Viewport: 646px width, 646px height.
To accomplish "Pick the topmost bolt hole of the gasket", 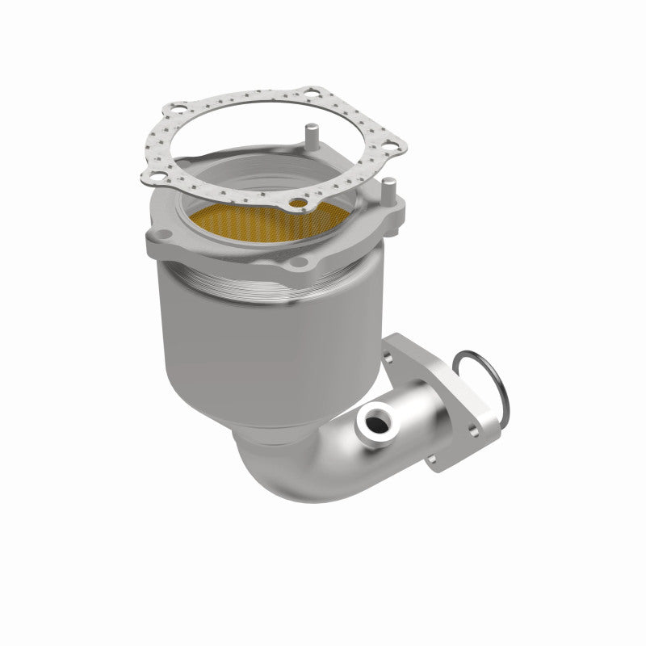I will click(310, 95).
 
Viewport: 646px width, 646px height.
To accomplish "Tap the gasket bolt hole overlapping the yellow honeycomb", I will click(300, 204).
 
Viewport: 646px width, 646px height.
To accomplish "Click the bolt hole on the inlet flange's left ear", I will click(158, 237).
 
